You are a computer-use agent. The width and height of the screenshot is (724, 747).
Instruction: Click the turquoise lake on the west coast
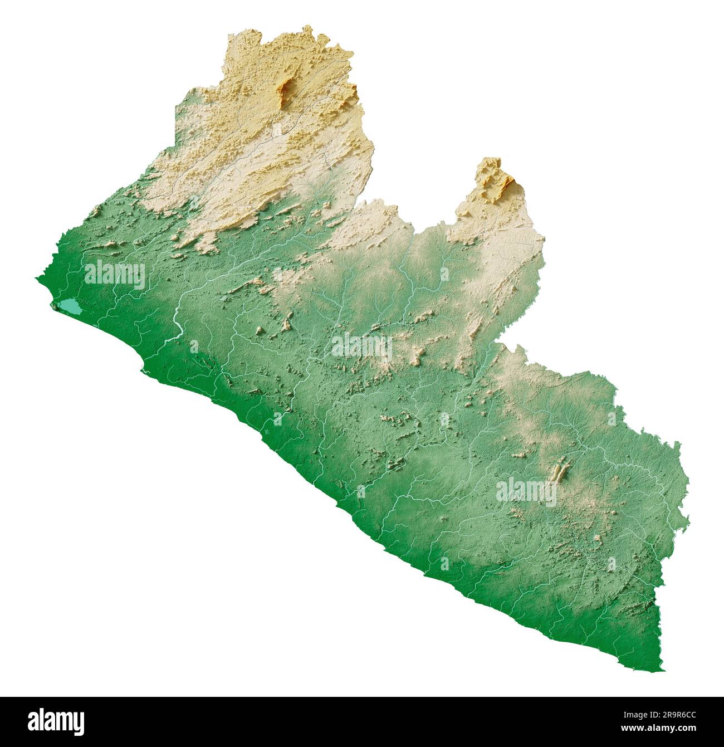(70, 306)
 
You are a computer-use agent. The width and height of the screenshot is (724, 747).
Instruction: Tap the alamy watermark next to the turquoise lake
(115, 275)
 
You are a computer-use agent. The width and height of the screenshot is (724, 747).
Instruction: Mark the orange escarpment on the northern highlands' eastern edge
(351, 89)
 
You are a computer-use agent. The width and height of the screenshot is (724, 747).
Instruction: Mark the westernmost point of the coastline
(37, 277)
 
